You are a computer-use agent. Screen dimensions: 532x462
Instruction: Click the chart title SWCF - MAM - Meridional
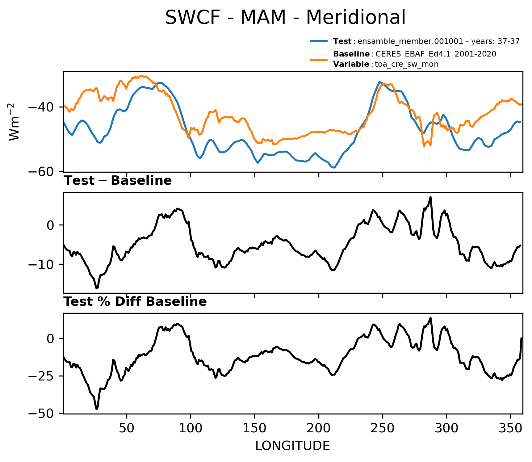(x=285, y=17)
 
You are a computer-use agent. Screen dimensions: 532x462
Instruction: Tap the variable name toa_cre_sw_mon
(x=406, y=64)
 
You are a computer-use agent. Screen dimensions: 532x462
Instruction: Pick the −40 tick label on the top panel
(x=42, y=107)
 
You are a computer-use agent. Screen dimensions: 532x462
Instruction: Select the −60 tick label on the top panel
(x=42, y=171)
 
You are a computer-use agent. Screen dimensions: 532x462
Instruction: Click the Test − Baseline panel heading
(x=117, y=181)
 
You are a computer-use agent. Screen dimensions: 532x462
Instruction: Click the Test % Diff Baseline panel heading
(x=135, y=301)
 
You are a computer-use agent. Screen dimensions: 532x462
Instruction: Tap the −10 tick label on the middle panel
(x=42, y=264)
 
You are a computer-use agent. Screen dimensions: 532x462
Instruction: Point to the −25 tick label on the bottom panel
(x=42, y=376)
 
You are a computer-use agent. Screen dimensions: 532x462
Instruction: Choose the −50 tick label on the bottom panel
(x=42, y=414)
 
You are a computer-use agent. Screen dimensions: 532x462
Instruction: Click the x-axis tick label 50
(x=127, y=428)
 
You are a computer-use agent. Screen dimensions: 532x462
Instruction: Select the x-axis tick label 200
(x=319, y=428)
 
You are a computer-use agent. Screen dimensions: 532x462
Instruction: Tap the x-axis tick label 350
(x=510, y=428)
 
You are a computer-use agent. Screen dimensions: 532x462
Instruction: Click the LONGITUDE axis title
(x=293, y=446)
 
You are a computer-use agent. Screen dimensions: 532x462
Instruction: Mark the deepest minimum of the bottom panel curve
(x=97, y=409)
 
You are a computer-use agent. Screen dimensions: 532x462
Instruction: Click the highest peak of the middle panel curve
(x=430, y=197)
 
